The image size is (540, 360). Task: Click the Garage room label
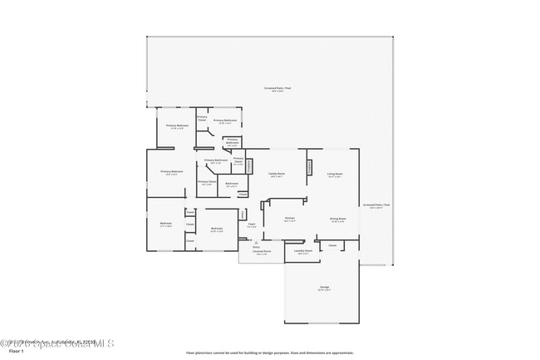pyautogui.click(x=324, y=288)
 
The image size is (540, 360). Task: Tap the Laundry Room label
pyautogui.click(x=303, y=251)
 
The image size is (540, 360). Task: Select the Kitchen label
pyautogui.click(x=290, y=219)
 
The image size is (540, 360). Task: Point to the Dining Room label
pyautogui.click(x=338, y=219)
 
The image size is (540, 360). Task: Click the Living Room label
pyautogui.click(x=335, y=175)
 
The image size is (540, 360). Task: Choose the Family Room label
pyautogui.click(x=277, y=175)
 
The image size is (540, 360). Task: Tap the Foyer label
pyautogui.click(x=251, y=226)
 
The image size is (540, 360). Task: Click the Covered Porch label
pyautogui.click(x=262, y=253)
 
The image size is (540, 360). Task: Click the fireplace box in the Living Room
pyautogui.click(x=310, y=167)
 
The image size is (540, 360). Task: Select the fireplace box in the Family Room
pyautogui.click(x=248, y=166)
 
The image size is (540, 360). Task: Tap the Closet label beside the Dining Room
pyautogui.click(x=332, y=245)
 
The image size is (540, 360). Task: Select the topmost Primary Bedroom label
pyautogui.click(x=177, y=126)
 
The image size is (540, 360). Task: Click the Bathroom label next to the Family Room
pyautogui.click(x=233, y=185)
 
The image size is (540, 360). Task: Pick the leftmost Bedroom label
pyautogui.click(x=165, y=224)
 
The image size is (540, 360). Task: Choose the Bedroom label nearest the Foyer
pyautogui.click(x=217, y=229)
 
